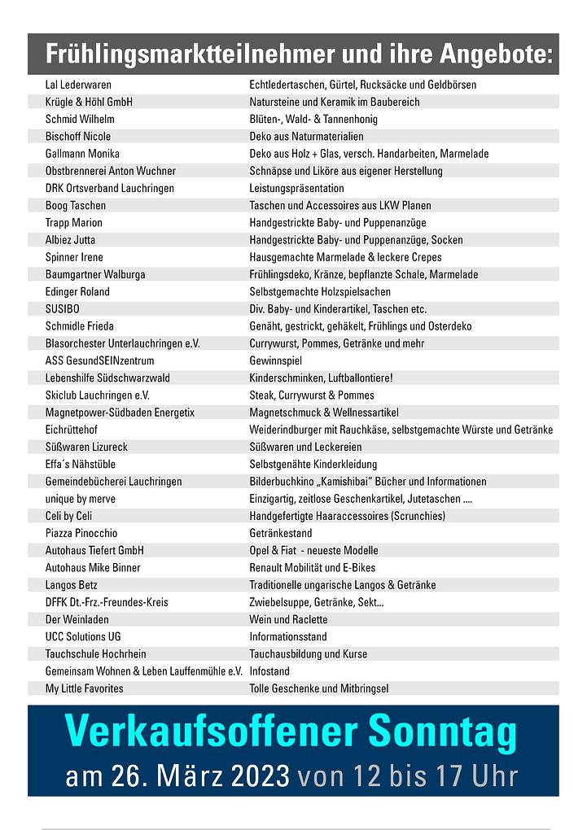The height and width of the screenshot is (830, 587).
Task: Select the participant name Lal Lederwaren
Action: tap(78, 85)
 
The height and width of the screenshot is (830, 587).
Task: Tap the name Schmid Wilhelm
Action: tap(80, 119)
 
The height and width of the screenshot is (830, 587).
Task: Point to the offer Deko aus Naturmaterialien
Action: tap(306, 137)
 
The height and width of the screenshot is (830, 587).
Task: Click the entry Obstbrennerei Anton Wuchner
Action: tap(111, 171)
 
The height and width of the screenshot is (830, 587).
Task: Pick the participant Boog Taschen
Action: tap(76, 206)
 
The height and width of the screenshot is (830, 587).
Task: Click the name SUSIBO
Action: tap(63, 309)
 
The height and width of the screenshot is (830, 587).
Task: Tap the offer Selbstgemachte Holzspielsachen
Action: tap(320, 291)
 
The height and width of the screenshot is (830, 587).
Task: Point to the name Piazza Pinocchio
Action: tap(81, 533)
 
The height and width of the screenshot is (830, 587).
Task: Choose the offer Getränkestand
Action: tap(280, 533)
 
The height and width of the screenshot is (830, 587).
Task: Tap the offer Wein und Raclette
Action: tap(288, 619)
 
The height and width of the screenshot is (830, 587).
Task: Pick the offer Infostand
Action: tap(269, 671)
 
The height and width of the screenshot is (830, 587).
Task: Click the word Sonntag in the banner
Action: tap(442, 732)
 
